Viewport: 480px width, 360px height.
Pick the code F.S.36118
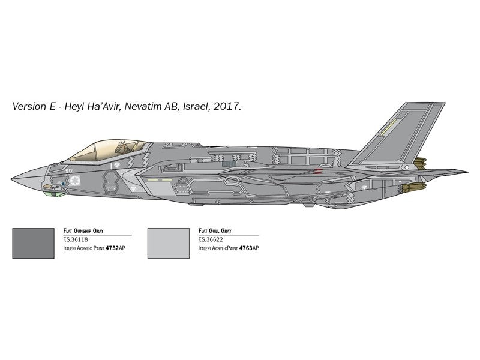[75, 239]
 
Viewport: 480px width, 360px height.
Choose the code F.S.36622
[210, 239]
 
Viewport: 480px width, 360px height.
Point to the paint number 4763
[245, 248]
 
